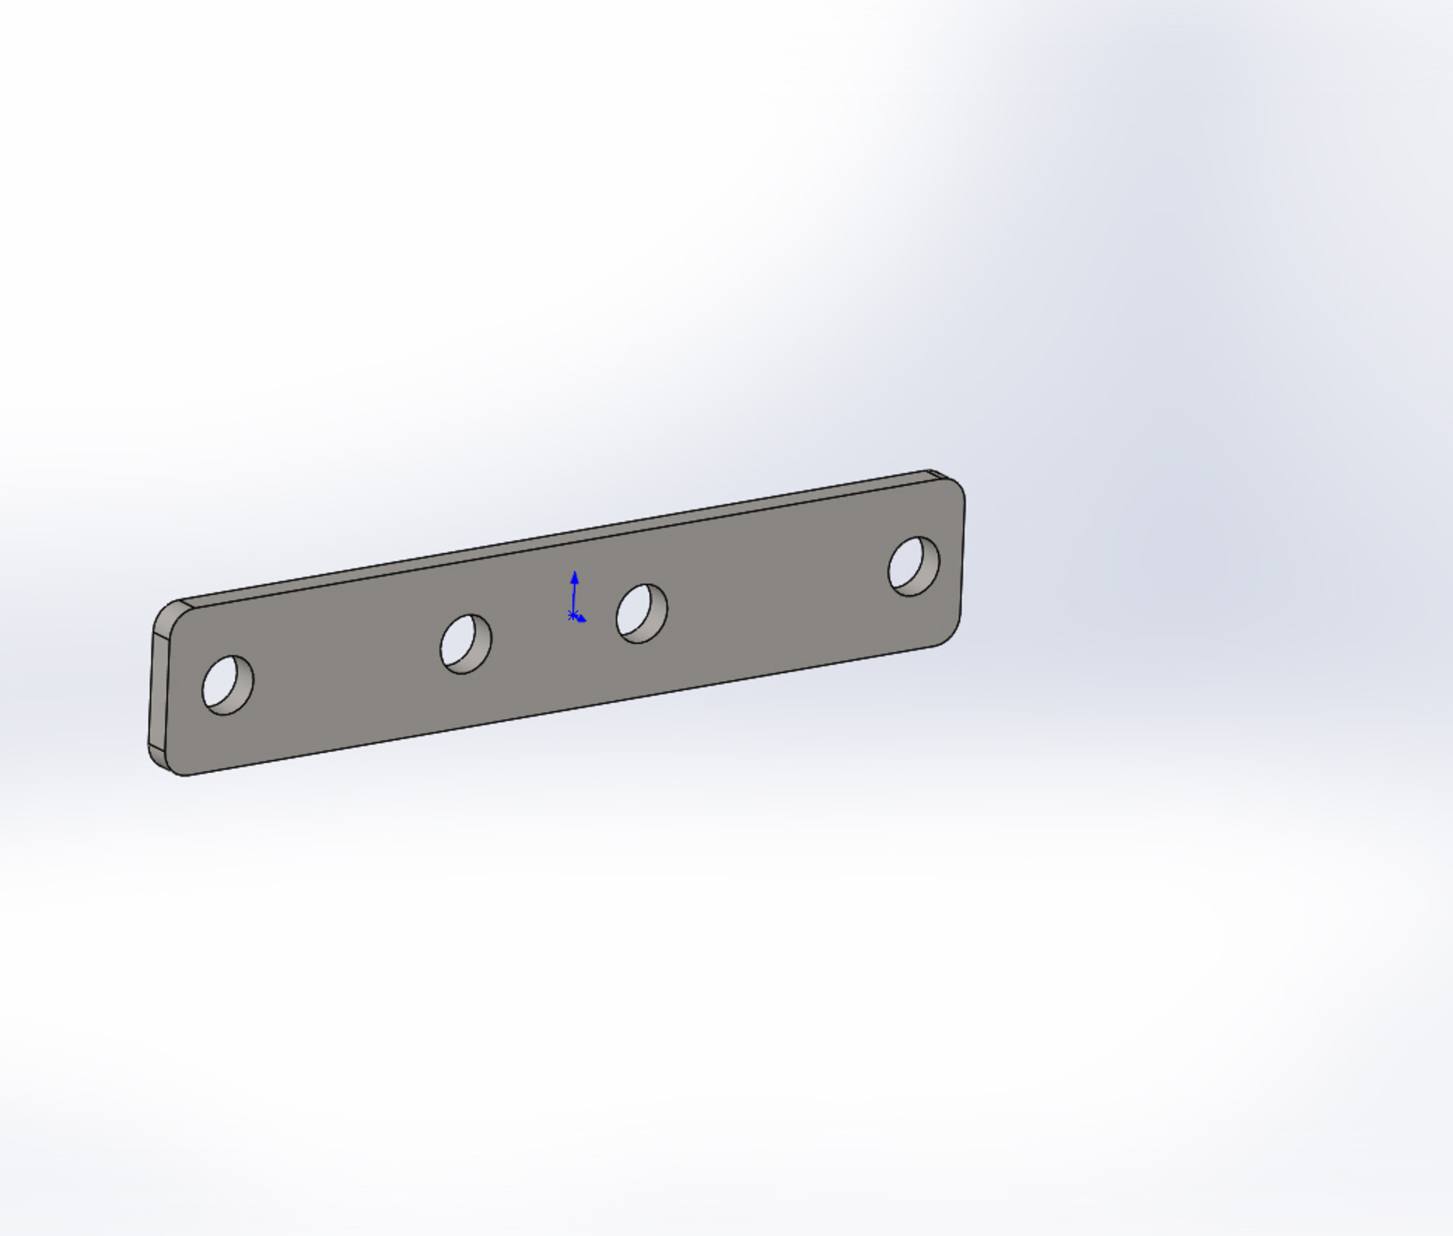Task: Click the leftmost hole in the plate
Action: coord(227,685)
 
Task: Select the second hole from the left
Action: coord(466,644)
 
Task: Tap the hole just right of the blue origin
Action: coord(641,614)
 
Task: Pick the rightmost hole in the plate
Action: coord(914,567)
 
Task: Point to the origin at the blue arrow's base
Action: coord(573,617)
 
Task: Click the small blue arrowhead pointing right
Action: coord(582,619)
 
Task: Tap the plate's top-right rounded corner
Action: coord(956,482)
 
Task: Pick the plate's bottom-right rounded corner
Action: coord(952,636)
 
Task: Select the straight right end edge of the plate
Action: coord(963,559)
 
